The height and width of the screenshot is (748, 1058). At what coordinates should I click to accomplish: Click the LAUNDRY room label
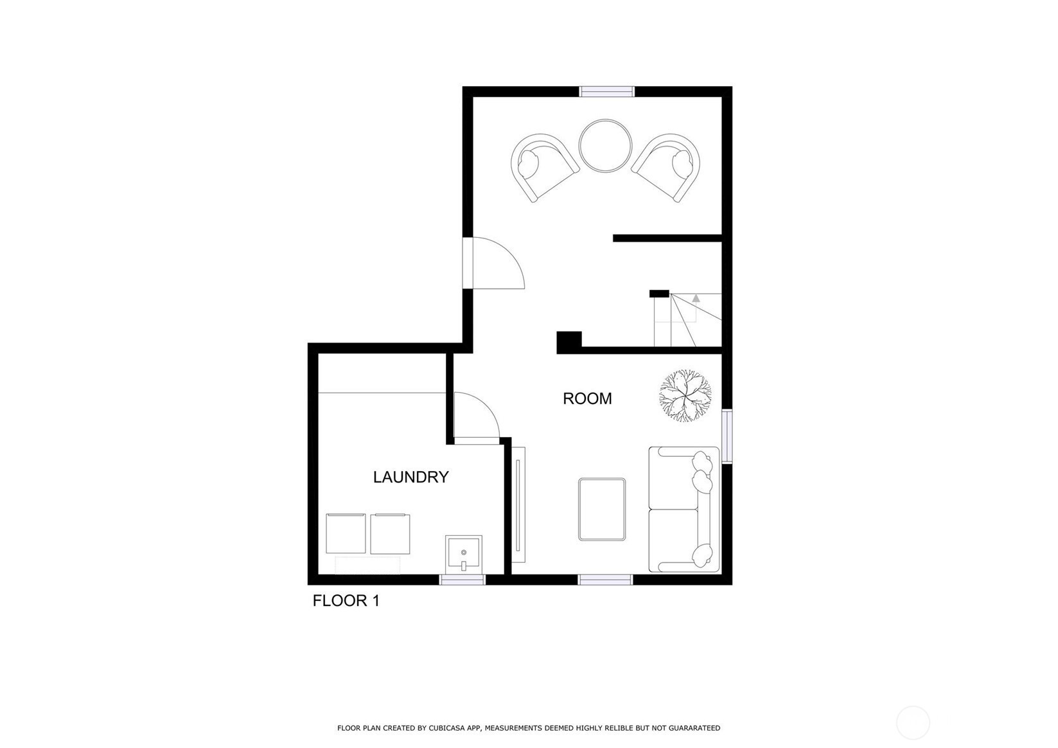pyautogui.click(x=410, y=477)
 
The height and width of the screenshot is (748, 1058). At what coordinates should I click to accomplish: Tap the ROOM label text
pyautogui.click(x=587, y=398)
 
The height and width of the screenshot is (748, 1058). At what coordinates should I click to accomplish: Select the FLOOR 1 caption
pyautogui.click(x=346, y=601)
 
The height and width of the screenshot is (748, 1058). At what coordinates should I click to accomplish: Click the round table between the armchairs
pyautogui.click(x=605, y=146)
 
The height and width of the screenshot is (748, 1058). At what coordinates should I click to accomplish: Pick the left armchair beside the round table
pyautogui.click(x=543, y=166)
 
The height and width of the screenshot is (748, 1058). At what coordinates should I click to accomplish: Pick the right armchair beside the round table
pyautogui.click(x=667, y=166)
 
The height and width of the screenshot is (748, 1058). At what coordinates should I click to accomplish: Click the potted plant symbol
pyautogui.click(x=685, y=395)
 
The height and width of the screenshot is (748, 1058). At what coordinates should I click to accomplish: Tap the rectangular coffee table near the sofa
pyautogui.click(x=602, y=509)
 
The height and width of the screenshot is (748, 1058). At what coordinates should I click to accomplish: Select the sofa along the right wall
pyautogui.click(x=683, y=509)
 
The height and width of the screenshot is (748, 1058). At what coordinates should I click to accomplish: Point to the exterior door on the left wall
pyautogui.click(x=468, y=263)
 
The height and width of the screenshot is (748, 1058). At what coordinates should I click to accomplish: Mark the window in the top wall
pyautogui.click(x=607, y=91)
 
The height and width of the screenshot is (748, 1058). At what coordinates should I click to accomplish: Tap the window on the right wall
pyautogui.click(x=727, y=436)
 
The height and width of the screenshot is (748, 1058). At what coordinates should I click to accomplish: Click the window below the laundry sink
pyautogui.click(x=462, y=580)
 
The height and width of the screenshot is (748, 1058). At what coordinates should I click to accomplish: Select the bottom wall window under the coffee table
pyautogui.click(x=605, y=580)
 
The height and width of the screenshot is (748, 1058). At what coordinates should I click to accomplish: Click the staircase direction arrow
pyautogui.click(x=696, y=298)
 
